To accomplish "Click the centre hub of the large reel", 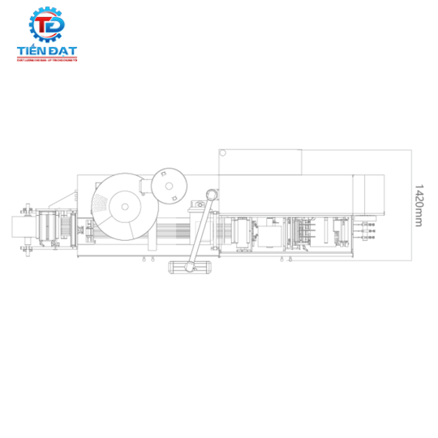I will (x=126, y=206).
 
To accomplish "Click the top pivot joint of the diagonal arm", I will (x=212, y=195).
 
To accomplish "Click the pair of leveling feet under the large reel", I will (x=147, y=259).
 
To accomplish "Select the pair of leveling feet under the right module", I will (x=285, y=259).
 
